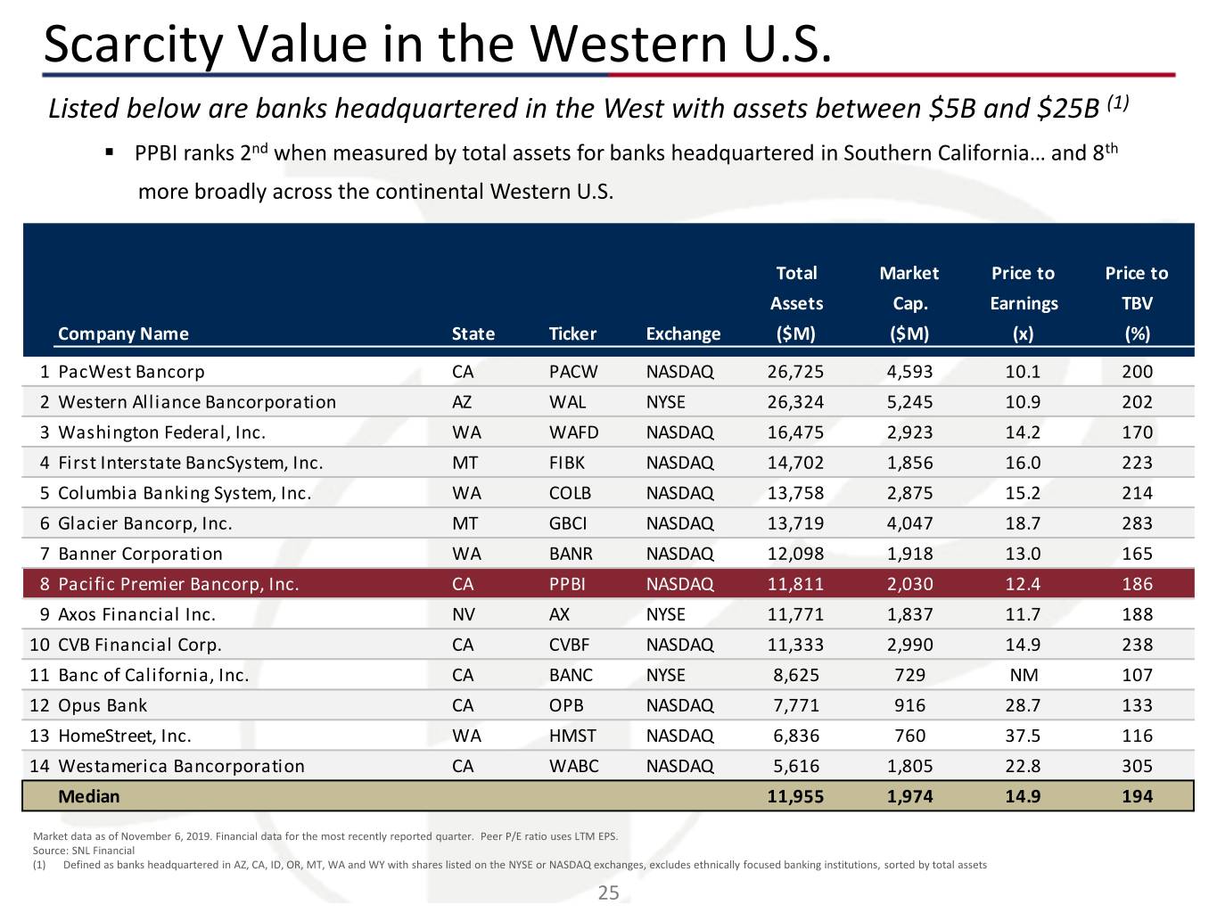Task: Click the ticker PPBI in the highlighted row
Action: (x=567, y=584)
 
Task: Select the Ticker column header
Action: (x=572, y=333)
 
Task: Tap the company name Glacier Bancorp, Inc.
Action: (x=144, y=523)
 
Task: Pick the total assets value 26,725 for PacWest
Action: (x=795, y=372)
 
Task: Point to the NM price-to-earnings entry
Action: (x=1023, y=675)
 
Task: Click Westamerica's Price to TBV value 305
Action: (x=1137, y=766)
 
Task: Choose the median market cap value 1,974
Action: (x=909, y=796)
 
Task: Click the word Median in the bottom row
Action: (x=88, y=796)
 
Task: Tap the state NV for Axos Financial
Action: (x=464, y=614)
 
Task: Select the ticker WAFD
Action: (x=573, y=432)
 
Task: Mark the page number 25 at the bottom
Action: (x=608, y=892)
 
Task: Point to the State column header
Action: (x=473, y=333)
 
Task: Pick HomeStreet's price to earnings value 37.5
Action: (x=1023, y=736)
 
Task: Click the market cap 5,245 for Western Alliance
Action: (x=909, y=402)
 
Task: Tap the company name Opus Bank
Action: (x=103, y=705)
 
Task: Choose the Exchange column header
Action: (x=683, y=333)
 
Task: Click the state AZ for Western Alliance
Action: (x=462, y=402)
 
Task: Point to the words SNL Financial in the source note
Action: (x=103, y=851)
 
